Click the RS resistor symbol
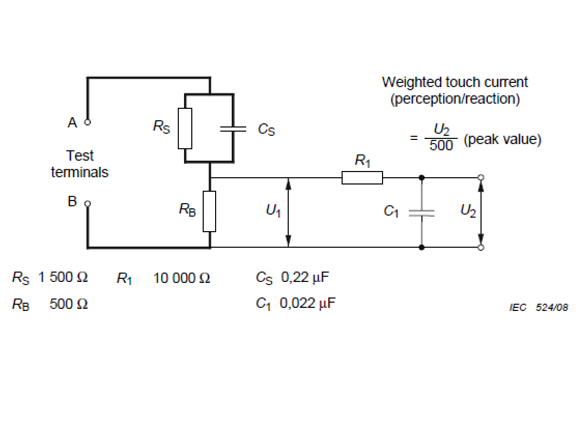pyautogui.click(x=185, y=129)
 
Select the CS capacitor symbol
pyautogui.click(x=233, y=129)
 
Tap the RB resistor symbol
pyautogui.click(x=209, y=211)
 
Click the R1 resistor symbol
pyautogui.click(x=362, y=178)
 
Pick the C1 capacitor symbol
pyautogui.click(x=421, y=212)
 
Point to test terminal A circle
pyautogui.click(x=88, y=123)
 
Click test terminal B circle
pyautogui.click(x=88, y=203)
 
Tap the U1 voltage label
pyautogui.click(x=273, y=211)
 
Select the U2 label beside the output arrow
pyautogui.click(x=468, y=211)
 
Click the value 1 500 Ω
pyautogui.click(x=63, y=277)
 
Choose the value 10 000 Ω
pyautogui.click(x=181, y=278)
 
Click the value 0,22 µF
pyautogui.click(x=305, y=277)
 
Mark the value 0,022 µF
pyautogui.click(x=307, y=303)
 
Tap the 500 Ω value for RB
pyautogui.click(x=68, y=304)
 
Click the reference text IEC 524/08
pyautogui.click(x=539, y=308)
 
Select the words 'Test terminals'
pyautogui.click(x=80, y=164)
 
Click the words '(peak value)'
pyautogui.click(x=502, y=140)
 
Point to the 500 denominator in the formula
pyautogui.click(x=441, y=146)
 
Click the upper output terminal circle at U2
pyautogui.click(x=481, y=178)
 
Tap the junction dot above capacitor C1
pyautogui.click(x=421, y=178)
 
